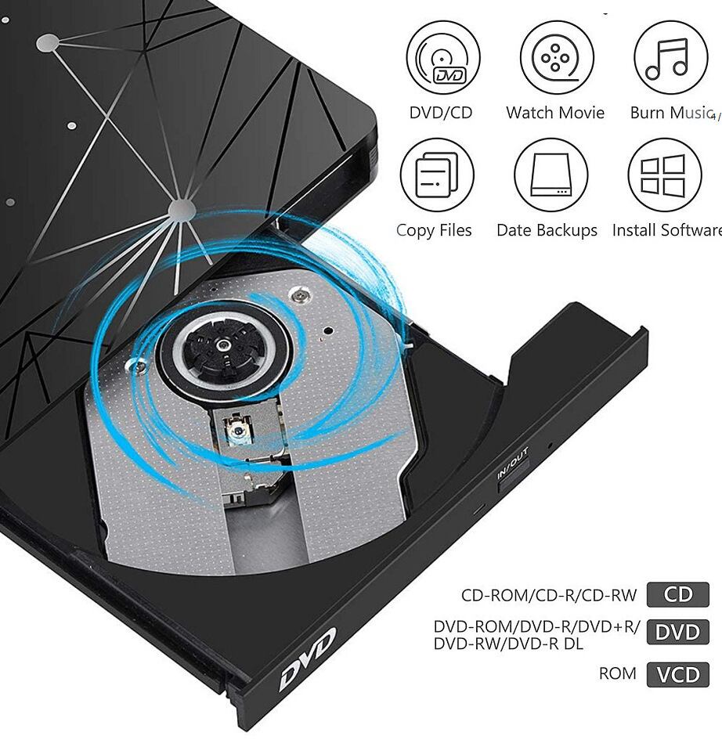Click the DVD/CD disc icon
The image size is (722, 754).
click(x=442, y=58)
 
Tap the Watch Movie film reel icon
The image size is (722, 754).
click(x=556, y=58)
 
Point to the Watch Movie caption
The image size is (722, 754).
click(x=555, y=113)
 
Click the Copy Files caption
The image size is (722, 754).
click(x=434, y=230)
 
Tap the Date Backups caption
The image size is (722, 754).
click(x=547, y=230)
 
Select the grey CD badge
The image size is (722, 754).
click(x=677, y=594)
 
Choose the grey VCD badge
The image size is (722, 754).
click(x=677, y=674)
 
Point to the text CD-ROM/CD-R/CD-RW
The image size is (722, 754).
click(x=549, y=595)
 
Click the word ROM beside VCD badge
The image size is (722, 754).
click(x=618, y=673)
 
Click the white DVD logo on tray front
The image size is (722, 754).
click(x=308, y=658)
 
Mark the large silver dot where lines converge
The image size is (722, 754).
click(x=182, y=208)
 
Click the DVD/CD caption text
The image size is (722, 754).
click(x=441, y=113)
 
